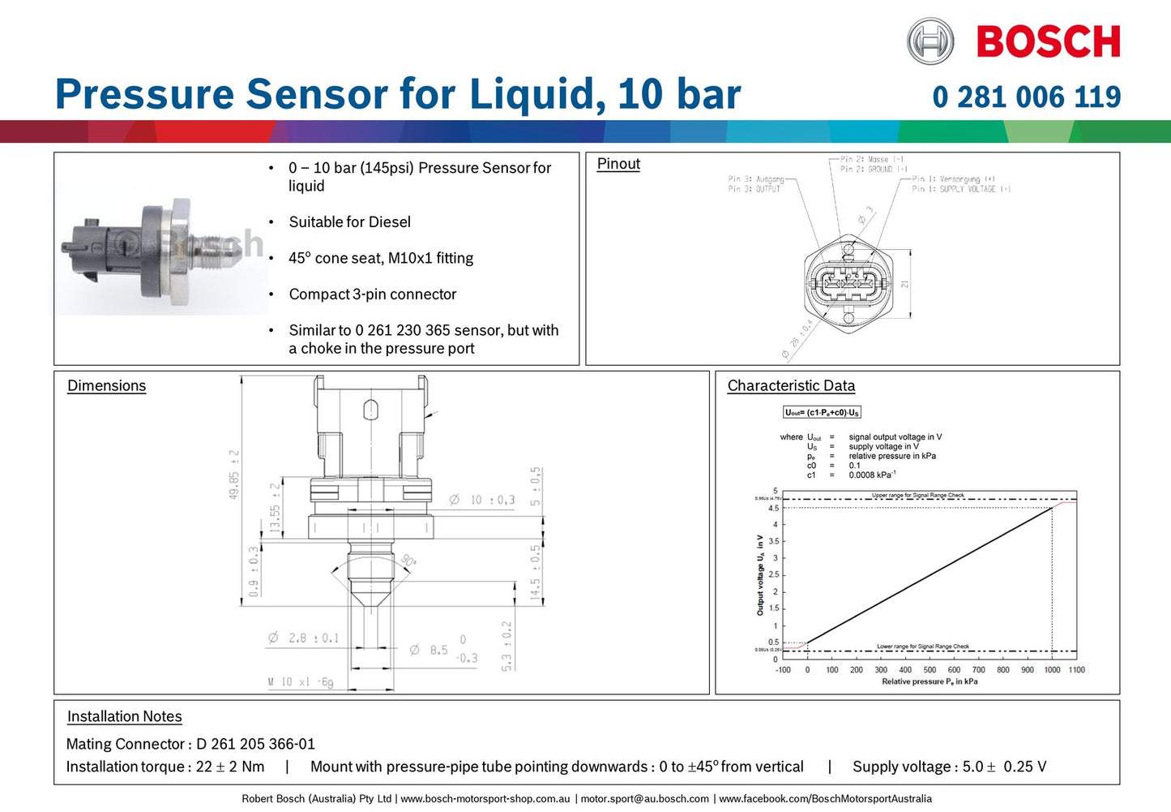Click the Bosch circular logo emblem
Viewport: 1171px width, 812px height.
930,41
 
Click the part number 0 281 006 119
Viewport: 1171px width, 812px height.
1026,97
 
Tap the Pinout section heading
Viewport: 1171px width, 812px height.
618,164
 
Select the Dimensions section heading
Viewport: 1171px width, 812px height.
106,386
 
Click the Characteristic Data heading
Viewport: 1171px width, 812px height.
791,386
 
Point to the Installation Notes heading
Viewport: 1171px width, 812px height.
124,716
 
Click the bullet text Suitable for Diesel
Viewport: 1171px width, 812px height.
349,222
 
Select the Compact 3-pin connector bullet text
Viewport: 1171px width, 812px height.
372,294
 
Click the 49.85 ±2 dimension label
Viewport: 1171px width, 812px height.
233,474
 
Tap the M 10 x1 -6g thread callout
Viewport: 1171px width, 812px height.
301,682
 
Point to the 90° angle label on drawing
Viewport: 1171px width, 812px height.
408,561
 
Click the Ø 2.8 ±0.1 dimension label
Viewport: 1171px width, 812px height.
304,638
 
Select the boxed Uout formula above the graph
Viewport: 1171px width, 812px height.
822,412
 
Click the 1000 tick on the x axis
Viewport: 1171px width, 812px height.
1052,670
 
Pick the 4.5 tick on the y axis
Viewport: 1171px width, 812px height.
773,509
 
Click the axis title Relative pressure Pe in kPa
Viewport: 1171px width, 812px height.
930,682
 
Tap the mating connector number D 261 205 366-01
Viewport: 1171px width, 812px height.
255,744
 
